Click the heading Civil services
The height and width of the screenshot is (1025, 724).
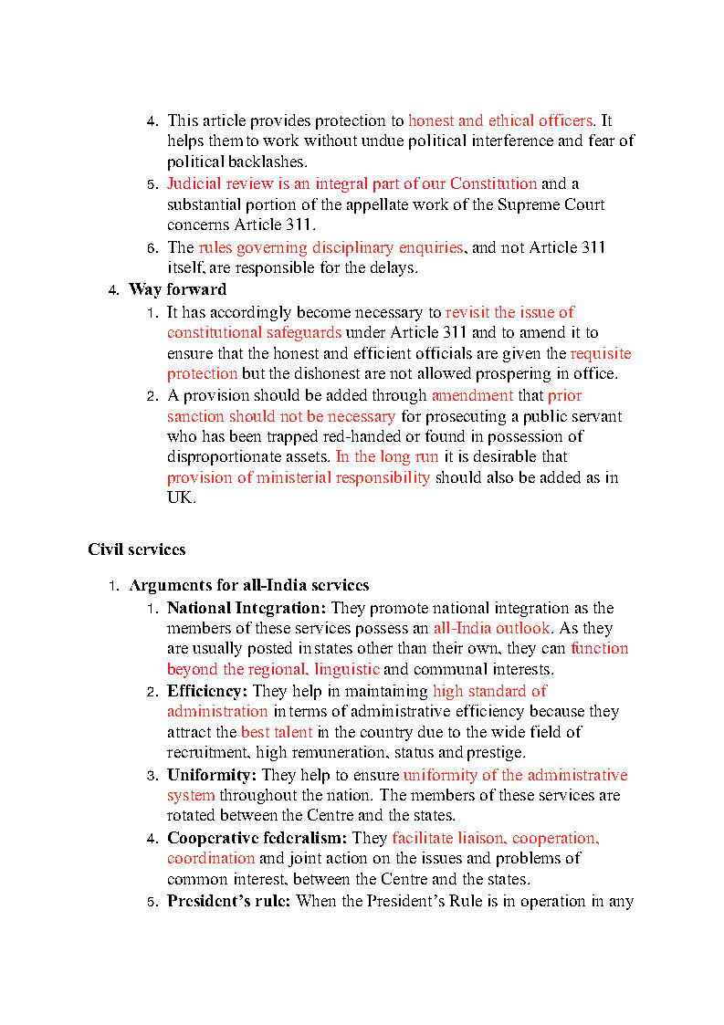click(x=136, y=549)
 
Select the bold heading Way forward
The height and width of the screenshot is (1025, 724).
click(x=177, y=289)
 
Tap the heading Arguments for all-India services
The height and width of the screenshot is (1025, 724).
click(x=248, y=585)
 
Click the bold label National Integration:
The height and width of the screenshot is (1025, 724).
click(x=246, y=608)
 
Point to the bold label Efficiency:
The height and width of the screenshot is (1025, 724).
click(x=207, y=691)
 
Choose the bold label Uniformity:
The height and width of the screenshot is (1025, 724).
click(x=212, y=775)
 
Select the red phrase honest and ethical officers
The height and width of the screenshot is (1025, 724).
click(x=500, y=120)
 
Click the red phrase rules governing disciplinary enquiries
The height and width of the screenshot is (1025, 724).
click(x=331, y=247)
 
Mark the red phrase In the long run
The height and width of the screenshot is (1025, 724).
click(x=387, y=456)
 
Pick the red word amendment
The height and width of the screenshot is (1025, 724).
click(x=472, y=395)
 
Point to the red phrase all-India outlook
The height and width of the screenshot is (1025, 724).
click(x=492, y=628)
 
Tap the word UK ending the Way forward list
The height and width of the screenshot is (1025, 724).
click(x=179, y=498)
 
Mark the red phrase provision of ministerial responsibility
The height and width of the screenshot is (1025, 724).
click(x=299, y=477)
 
